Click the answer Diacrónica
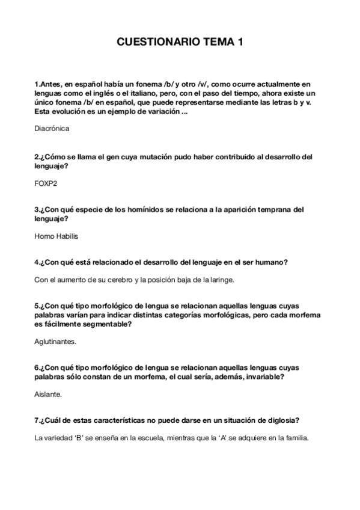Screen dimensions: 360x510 52,128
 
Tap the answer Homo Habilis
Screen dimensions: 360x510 56,236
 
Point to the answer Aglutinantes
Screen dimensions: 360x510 56,342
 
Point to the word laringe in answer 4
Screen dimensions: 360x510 221,280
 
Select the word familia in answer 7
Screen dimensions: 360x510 294,438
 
